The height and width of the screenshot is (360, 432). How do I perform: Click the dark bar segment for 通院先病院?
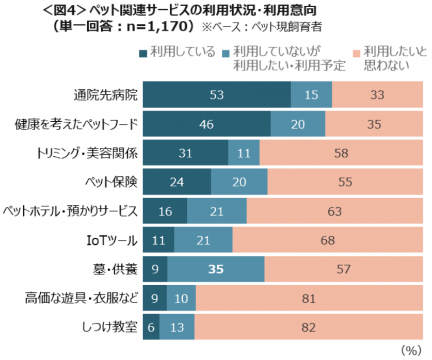click(x=216, y=95)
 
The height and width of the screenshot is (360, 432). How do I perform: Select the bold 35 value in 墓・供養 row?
click(x=216, y=269)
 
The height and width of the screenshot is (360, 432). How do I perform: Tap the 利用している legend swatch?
click(x=142, y=52)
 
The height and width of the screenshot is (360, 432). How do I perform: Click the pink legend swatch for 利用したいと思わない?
click(x=356, y=52)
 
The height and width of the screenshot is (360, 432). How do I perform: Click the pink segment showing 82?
click(x=308, y=327)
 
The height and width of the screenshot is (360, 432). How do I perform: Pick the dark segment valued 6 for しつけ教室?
click(x=151, y=327)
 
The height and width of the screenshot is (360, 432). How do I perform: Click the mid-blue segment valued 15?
click(x=311, y=95)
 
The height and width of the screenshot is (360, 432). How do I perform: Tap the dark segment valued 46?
click(x=206, y=124)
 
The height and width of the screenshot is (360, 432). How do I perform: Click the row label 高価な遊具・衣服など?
click(x=82, y=298)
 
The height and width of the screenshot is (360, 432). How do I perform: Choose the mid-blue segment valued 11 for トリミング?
click(x=244, y=153)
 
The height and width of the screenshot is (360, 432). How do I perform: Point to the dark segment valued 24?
click(x=177, y=182)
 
